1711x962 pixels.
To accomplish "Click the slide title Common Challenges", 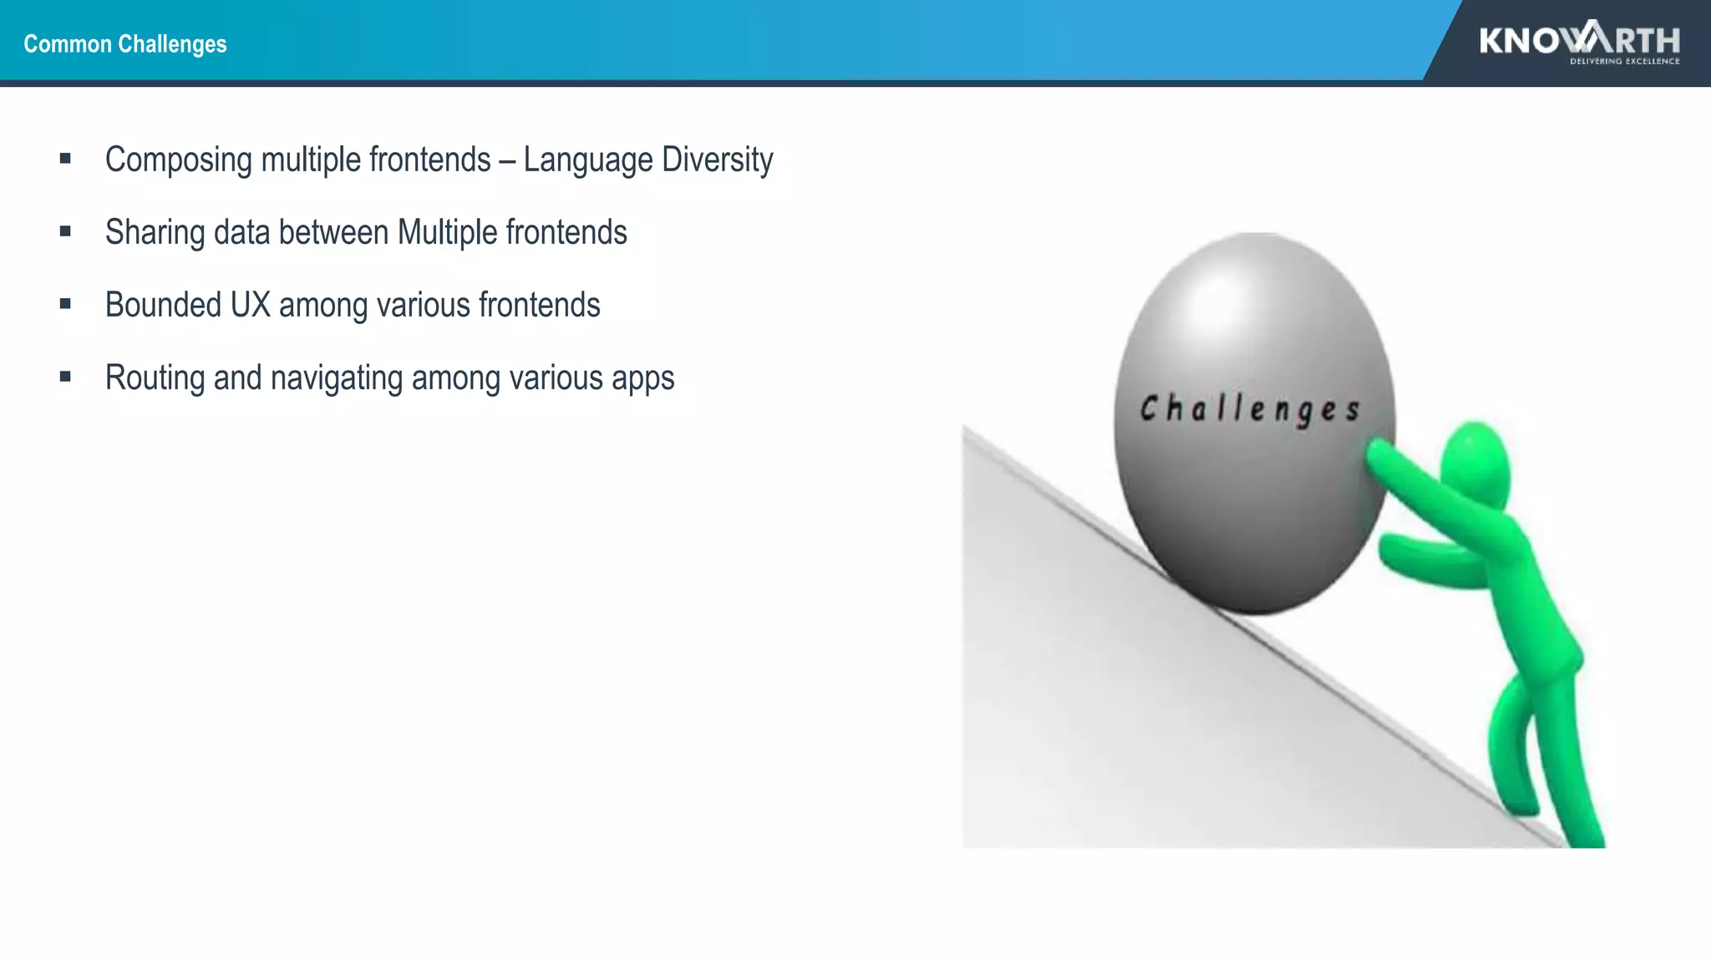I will (125, 43).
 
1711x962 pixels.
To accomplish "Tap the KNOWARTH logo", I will (1579, 39).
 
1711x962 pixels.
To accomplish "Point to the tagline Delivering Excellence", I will (1624, 61).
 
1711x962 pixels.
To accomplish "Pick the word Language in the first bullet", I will (588, 160).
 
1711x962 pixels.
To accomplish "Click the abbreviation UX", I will (251, 306).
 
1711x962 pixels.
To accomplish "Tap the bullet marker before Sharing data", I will (65, 231).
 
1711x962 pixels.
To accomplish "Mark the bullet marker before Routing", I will (65, 377).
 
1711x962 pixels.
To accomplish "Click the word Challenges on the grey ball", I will (1250, 409).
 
